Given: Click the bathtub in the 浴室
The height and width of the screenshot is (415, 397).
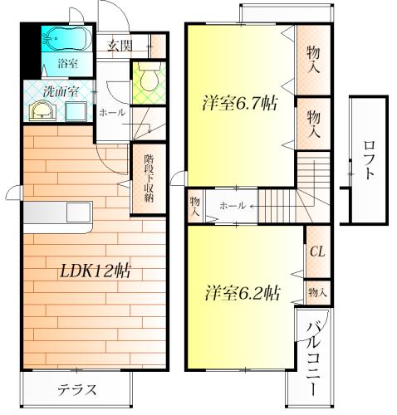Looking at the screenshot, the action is pyautogui.click(x=67, y=38).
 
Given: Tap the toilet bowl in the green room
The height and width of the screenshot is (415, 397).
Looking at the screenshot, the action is pyautogui.click(x=149, y=77).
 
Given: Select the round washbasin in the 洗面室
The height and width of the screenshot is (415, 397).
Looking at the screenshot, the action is pyautogui.click(x=42, y=110).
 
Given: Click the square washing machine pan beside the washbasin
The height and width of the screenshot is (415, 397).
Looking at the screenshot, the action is pyautogui.click(x=76, y=111).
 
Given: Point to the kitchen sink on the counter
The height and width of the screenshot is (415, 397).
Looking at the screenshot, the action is pyautogui.click(x=79, y=212).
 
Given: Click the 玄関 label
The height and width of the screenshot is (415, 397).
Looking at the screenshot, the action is pyautogui.click(x=120, y=46).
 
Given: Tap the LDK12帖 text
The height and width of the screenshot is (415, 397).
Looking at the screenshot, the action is pyautogui.click(x=96, y=271).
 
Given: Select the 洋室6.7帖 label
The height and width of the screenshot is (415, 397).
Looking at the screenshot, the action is pyautogui.click(x=240, y=103).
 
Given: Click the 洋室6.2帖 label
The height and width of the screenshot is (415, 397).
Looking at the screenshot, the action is pyautogui.click(x=243, y=293).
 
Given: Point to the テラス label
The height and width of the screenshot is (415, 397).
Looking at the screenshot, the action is pyautogui.click(x=77, y=390).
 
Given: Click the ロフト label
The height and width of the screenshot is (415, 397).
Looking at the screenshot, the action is pyautogui.click(x=369, y=160).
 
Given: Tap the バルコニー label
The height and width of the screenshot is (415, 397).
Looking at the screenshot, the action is pyautogui.click(x=313, y=359).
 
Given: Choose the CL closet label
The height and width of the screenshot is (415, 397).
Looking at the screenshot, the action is pyautogui.click(x=317, y=251).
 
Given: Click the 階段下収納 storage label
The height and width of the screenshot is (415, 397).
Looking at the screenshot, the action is pyautogui.click(x=149, y=178).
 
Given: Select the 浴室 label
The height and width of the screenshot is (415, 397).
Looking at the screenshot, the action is pyautogui.click(x=68, y=64).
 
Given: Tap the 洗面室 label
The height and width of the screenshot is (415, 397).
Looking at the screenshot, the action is pyautogui.click(x=61, y=91).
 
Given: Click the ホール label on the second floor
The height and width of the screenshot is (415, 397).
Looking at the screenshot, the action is pyautogui.click(x=232, y=206).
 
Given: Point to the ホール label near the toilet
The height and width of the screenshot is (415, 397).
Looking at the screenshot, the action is pyautogui.click(x=112, y=113).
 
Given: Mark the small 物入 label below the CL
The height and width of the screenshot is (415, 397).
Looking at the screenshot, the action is pyautogui.click(x=317, y=292).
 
